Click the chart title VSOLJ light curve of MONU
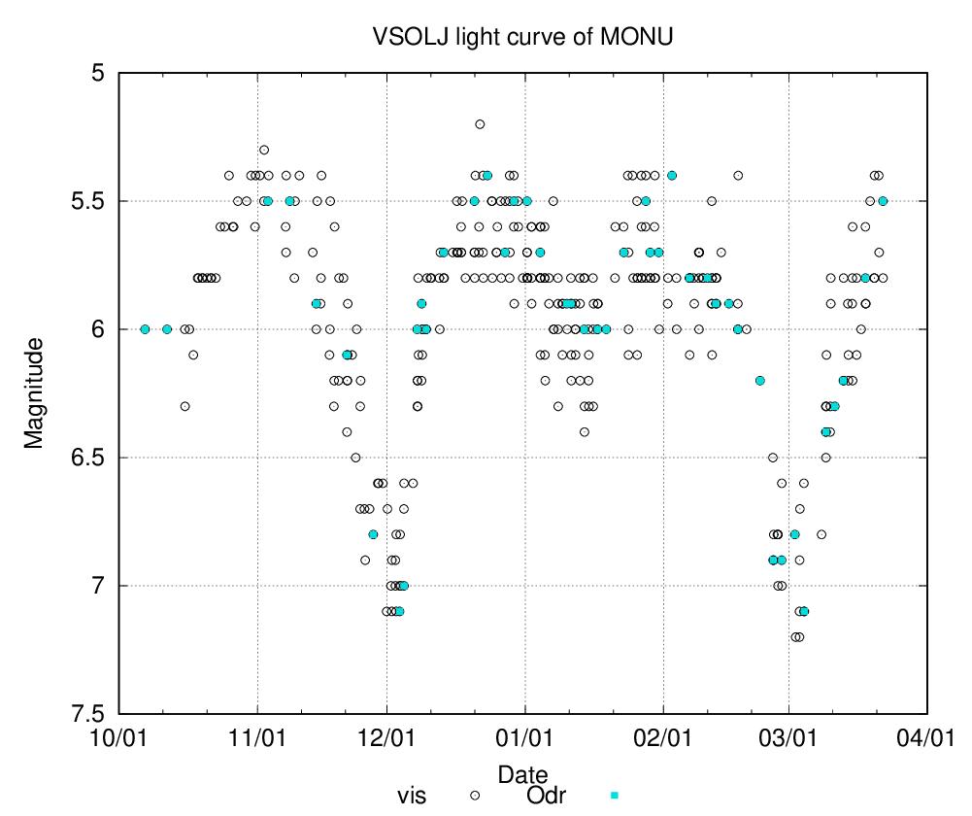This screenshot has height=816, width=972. pos(523,38)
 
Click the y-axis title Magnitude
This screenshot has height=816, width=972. pos(35,392)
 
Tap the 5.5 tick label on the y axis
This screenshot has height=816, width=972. pos(89,201)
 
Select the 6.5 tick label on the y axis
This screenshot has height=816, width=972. pos(89,458)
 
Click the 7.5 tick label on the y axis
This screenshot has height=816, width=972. pos(89,714)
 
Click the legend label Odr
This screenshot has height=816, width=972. pos(546,796)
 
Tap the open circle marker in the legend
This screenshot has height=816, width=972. pos(476,795)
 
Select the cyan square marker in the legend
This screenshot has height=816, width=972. pos(613,795)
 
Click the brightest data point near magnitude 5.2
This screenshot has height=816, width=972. pos(480,124)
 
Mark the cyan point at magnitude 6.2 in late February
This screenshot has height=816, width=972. pos(759,381)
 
